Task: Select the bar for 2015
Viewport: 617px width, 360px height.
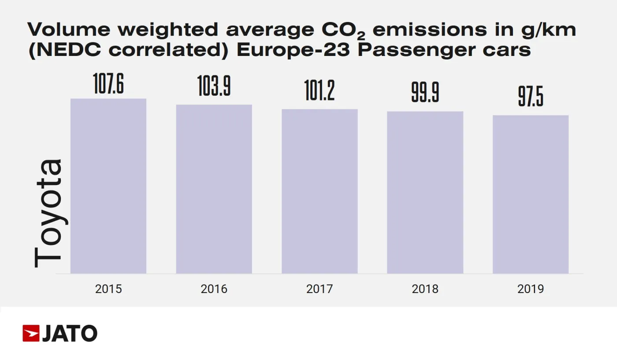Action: pyautogui.click(x=108, y=186)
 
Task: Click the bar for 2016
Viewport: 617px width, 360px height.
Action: pyautogui.click(x=214, y=189)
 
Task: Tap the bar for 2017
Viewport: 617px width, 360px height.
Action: pyautogui.click(x=320, y=191)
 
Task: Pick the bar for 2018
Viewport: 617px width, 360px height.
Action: pyautogui.click(x=425, y=193)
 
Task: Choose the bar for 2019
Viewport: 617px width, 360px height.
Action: pyautogui.click(x=531, y=194)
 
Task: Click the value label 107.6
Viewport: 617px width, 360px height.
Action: pyautogui.click(x=108, y=84)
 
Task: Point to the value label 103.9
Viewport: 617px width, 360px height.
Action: pyautogui.click(x=214, y=86)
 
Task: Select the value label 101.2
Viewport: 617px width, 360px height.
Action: pyautogui.click(x=320, y=91)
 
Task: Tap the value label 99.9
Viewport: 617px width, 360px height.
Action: pyautogui.click(x=425, y=93)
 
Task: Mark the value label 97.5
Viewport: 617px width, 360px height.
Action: pyautogui.click(x=531, y=97)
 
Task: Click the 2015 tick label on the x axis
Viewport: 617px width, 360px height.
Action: pyautogui.click(x=108, y=289)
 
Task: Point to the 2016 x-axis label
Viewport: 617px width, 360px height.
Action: pyautogui.click(x=214, y=289)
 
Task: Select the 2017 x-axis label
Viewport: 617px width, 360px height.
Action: pyautogui.click(x=320, y=289)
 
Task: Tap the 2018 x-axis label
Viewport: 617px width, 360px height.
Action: pyautogui.click(x=425, y=289)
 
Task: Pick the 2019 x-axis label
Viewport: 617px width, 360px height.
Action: pyautogui.click(x=531, y=289)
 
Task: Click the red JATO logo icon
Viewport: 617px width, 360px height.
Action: pyautogui.click(x=31, y=334)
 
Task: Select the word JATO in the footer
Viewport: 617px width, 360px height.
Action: pyautogui.click(x=70, y=334)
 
